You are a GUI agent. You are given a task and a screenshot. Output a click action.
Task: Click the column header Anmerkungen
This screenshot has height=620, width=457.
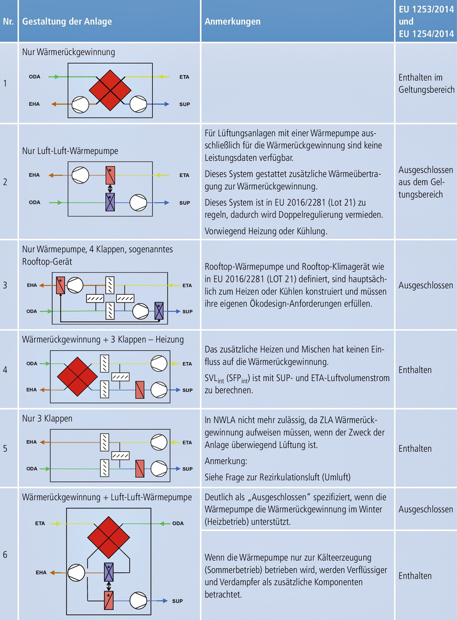click(x=232, y=22)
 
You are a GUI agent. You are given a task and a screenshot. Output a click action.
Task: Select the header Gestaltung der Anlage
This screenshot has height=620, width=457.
click(x=67, y=22)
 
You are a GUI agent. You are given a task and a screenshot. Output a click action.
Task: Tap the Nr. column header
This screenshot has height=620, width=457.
click(x=9, y=22)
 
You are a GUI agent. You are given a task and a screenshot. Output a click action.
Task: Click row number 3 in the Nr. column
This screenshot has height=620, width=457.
click(x=5, y=286)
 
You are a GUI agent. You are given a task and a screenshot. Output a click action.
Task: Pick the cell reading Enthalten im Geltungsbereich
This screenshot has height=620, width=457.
click(x=426, y=84)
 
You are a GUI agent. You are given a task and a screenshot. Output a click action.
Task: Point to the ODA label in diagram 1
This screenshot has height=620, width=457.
click(x=34, y=78)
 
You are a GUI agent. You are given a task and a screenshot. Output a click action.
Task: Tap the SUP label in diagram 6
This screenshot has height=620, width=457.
click(x=177, y=601)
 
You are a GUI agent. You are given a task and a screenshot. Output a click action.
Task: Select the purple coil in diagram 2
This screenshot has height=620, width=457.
click(x=110, y=202)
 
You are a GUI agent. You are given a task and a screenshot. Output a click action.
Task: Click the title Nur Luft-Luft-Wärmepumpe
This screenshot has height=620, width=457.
click(x=70, y=151)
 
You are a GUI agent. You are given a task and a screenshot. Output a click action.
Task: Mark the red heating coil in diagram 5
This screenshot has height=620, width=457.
click(x=139, y=467)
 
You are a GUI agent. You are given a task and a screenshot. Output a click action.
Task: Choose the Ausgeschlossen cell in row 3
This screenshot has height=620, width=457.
click(x=426, y=286)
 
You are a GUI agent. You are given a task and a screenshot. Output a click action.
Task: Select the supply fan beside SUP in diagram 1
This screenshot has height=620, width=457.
click(x=140, y=104)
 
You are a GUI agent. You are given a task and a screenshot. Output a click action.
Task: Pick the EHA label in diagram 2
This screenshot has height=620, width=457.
click(x=34, y=175)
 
